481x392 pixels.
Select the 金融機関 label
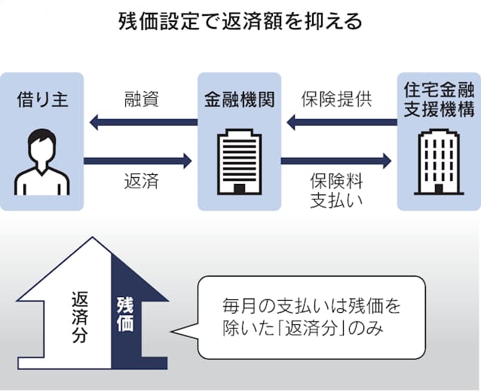(x=239, y=100)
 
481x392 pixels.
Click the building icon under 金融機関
(x=239, y=161)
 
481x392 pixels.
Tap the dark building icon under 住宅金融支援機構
(x=438, y=161)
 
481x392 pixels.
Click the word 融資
(x=140, y=100)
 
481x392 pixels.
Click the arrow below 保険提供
(x=338, y=121)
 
